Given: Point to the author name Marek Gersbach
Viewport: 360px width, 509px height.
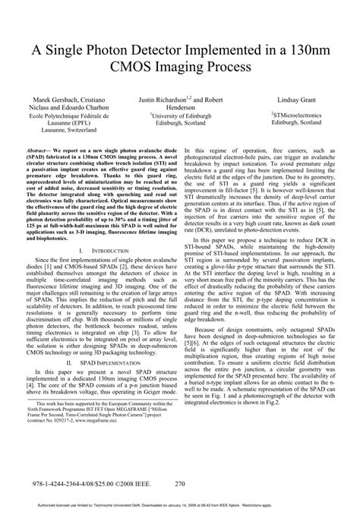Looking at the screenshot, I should tap(55, 100).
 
